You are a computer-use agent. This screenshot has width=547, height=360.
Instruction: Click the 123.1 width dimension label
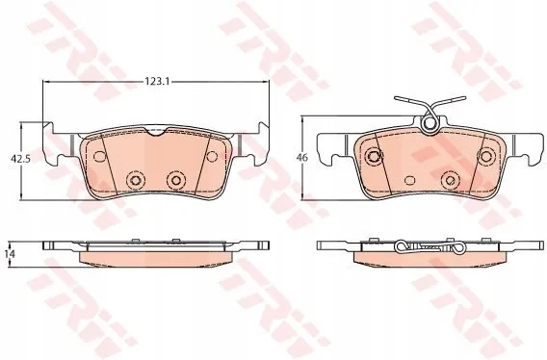(x=157, y=82)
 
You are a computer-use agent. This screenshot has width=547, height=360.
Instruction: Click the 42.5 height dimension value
(x=20, y=159)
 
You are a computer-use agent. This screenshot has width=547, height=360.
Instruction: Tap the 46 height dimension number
(x=302, y=157)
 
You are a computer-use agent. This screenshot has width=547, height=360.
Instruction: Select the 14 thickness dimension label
(x=11, y=254)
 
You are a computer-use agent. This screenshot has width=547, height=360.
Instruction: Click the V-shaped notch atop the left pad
(x=156, y=132)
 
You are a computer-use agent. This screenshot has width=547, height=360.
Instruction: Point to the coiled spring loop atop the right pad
(x=430, y=124)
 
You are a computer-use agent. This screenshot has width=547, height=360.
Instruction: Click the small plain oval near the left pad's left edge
(x=100, y=156)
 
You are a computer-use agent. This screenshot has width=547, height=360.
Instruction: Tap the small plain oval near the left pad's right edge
(x=212, y=156)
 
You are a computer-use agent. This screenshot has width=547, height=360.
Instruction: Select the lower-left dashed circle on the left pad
(x=136, y=180)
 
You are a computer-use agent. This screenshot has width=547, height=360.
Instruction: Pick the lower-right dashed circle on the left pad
(x=176, y=180)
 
